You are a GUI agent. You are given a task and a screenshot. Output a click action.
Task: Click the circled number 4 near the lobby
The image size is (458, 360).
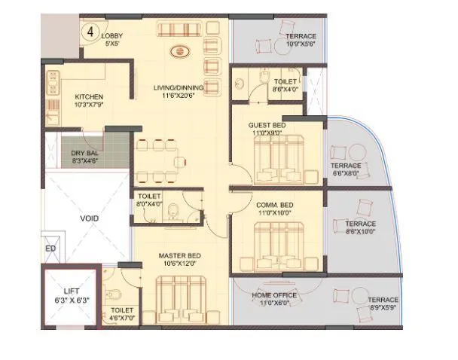90,32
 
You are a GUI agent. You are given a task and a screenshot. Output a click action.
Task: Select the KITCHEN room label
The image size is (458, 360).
89,97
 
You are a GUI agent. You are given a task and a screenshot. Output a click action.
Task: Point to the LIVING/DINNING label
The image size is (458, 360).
175,88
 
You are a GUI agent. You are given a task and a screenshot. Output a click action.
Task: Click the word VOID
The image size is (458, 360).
90,218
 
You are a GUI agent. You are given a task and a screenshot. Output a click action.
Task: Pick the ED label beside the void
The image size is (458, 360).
50,249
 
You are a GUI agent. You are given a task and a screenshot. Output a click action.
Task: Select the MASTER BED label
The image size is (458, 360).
178,256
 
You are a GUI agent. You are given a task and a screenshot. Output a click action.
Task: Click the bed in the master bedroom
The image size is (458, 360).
181,301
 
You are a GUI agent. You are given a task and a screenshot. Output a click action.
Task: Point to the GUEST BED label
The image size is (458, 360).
267,125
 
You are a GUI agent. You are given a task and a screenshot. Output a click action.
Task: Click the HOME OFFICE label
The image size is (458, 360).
273,294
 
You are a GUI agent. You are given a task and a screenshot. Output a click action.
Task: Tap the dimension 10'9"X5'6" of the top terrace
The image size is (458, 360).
301,44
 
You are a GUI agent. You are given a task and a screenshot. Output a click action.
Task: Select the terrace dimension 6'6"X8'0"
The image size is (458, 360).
346,173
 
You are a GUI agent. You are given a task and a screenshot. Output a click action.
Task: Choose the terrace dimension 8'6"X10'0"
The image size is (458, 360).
360,232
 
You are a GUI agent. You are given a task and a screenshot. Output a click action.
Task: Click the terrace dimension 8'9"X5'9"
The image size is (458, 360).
383,308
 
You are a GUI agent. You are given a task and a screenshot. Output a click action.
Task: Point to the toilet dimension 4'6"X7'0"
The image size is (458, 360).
122,318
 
